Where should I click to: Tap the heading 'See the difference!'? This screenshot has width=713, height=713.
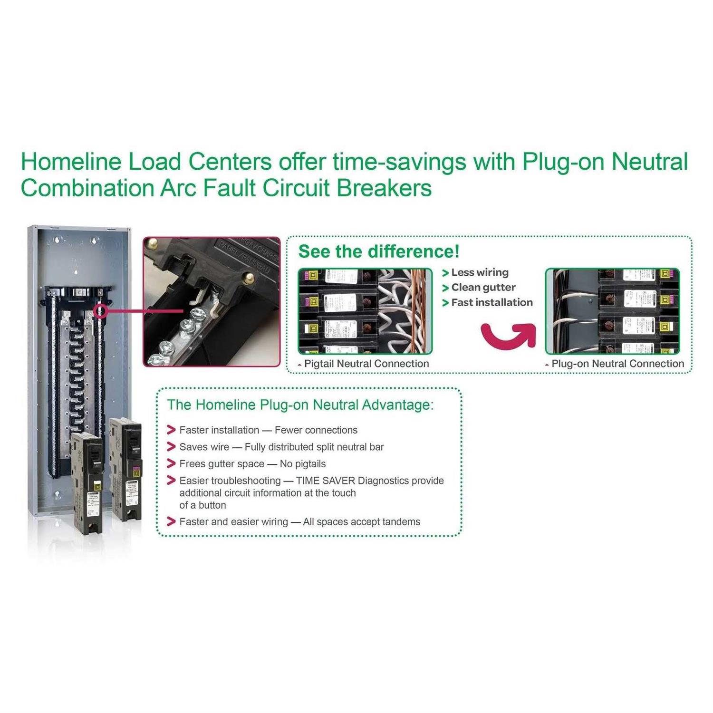click(x=379, y=251)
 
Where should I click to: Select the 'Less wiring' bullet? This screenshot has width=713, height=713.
click(x=479, y=272)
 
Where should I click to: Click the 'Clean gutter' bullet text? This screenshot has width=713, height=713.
click(x=483, y=288)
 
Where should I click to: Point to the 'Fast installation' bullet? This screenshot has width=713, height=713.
click(x=491, y=302)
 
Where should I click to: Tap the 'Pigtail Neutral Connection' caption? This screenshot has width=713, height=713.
click(x=366, y=364)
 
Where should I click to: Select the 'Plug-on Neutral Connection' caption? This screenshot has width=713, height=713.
click(x=617, y=364)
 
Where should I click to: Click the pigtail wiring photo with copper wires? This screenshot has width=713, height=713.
click(x=365, y=311)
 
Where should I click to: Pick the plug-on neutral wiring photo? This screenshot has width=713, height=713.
click(x=612, y=311)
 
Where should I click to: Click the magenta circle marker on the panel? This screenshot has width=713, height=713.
click(x=100, y=311)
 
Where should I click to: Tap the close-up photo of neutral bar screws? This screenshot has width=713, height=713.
click(x=212, y=302)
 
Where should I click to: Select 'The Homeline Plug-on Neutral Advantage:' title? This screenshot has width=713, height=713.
click(x=300, y=405)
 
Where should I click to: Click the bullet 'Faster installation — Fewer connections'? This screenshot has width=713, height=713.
click(x=268, y=430)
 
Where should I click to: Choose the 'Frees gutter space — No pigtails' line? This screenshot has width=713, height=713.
click(x=252, y=464)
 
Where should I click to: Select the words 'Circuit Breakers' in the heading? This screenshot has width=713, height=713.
click(x=347, y=188)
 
